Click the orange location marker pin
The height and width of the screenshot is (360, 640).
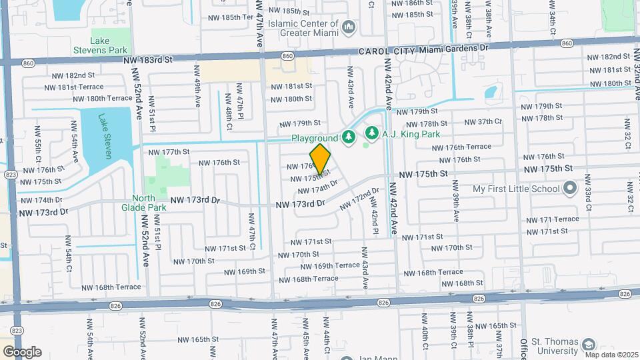(x=321, y=159)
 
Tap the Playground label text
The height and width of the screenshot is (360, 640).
(x=314, y=138)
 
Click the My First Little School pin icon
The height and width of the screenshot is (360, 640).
(x=569, y=189)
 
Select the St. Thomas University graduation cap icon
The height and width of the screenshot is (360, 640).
(x=588, y=345)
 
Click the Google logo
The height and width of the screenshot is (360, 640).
(x=21, y=351)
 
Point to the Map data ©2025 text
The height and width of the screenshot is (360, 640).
(x=611, y=354)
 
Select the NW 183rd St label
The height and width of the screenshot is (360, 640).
(x=148, y=59)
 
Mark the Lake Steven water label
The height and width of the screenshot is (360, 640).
(x=105, y=137)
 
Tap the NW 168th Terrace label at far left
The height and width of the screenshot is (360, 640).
(x=111, y=287)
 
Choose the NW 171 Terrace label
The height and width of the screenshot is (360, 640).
(x=553, y=219)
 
